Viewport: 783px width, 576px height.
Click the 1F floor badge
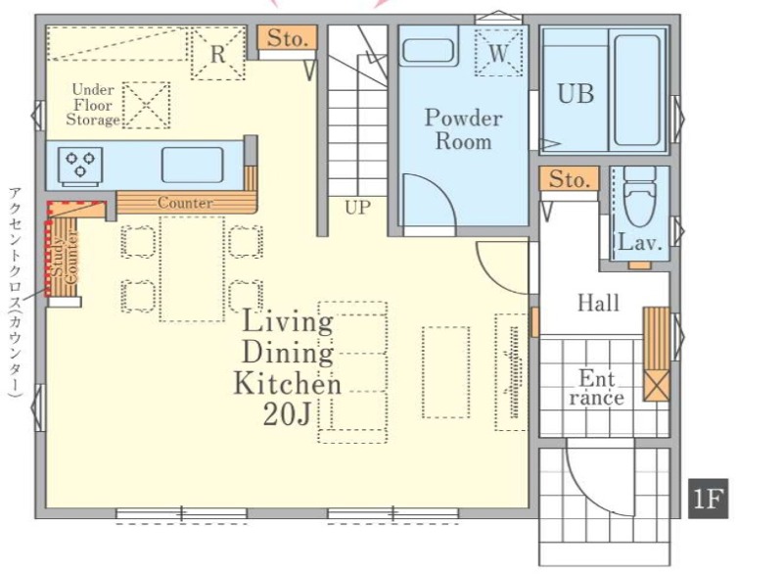(708, 499)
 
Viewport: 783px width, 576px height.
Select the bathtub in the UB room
(637, 90)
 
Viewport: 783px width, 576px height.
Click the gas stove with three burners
(80, 165)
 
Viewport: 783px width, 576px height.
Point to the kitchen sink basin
(192, 165)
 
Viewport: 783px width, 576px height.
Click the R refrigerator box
(218, 53)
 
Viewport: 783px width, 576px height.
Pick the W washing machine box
(498, 53)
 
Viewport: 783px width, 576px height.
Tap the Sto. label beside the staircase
(287, 38)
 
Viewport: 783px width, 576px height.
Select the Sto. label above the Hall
(569, 179)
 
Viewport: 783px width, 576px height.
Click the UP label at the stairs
(357, 207)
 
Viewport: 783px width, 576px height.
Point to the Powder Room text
(464, 129)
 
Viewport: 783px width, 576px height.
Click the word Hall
(598, 303)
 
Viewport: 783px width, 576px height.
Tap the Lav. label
(640, 243)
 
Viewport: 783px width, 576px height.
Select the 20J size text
(287, 414)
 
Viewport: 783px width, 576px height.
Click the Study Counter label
(65, 259)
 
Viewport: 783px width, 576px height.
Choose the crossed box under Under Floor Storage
(146, 105)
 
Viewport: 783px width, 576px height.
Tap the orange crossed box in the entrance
(656, 385)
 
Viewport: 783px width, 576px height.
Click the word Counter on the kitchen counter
(185, 203)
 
